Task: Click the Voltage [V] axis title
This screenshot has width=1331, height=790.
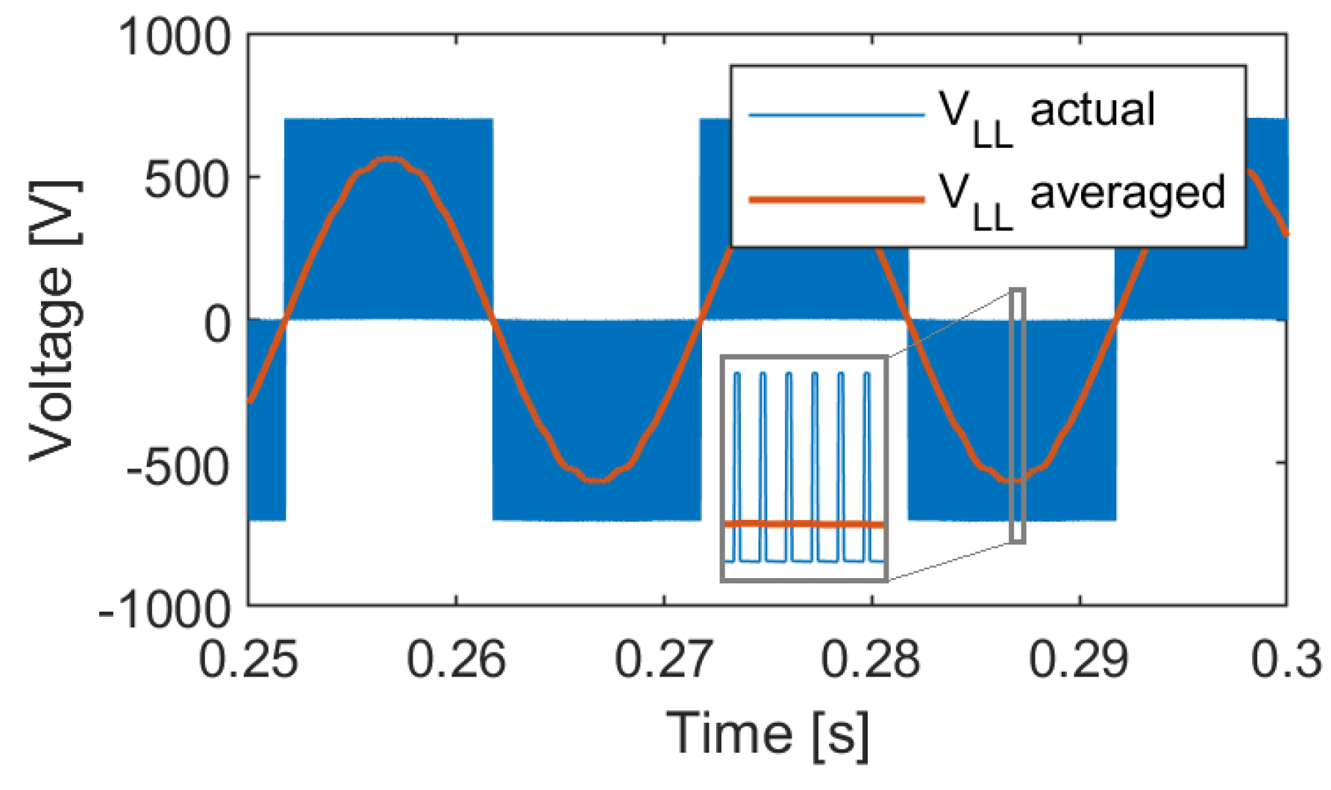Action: (x=54, y=321)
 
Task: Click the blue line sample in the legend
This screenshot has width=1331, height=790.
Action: (x=836, y=115)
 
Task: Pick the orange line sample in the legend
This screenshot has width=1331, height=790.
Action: (x=836, y=199)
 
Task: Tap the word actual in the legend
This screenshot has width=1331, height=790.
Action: (x=1092, y=110)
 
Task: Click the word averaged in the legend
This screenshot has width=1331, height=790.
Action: (x=1127, y=192)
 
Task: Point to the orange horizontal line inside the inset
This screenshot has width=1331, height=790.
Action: (x=804, y=524)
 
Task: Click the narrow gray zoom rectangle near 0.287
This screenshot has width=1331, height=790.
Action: (x=1017, y=416)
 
